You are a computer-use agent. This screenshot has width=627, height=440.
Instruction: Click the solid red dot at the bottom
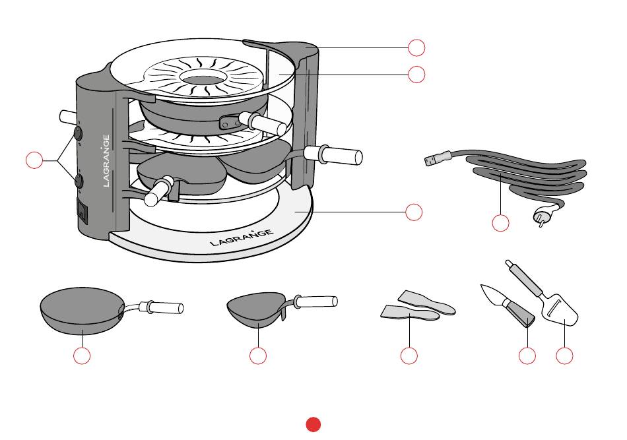point(313,424)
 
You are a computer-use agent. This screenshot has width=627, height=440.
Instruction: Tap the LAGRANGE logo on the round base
point(242,237)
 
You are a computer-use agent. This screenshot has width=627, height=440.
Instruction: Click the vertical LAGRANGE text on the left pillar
point(106,161)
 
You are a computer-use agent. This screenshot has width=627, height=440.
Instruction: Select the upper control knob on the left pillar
point(78,133)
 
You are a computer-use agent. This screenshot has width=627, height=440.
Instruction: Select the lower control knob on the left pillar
point(79,181)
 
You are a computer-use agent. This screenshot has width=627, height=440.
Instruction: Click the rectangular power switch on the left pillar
point(82,210)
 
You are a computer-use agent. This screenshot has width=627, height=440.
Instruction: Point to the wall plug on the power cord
point(544,214)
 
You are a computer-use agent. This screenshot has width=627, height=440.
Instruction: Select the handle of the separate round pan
point(161,307)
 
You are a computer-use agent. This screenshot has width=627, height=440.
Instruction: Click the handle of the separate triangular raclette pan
point(316,301)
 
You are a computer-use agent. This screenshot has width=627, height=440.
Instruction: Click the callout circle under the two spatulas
point(409,356)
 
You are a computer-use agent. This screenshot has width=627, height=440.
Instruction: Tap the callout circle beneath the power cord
point(501,223)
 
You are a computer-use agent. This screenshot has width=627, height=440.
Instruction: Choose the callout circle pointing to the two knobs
point(34,160)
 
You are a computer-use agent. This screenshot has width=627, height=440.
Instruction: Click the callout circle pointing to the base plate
point(414,212)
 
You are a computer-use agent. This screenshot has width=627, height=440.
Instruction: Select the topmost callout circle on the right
point(416,47)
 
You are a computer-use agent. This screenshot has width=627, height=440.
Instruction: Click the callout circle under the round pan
point(82,356)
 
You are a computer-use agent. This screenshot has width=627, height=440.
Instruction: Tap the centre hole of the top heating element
point(201,78)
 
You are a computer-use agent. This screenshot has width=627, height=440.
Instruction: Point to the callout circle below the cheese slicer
point(564,356)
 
